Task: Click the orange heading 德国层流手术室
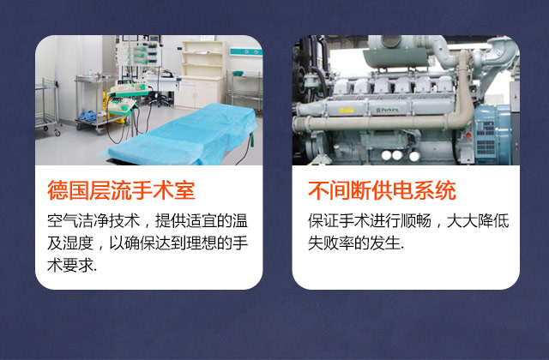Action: pos(121,190)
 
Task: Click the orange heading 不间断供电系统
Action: pos(382,190)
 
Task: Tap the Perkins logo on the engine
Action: pos(388,111)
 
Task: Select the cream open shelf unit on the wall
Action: pos(202,60)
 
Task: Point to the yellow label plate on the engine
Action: pos(347,111)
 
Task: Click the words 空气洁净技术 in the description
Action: pos(94,221)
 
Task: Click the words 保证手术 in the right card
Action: pos(339,221)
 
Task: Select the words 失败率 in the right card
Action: pos(331,243)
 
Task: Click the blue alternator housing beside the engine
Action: pos(492,135)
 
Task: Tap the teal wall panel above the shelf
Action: pos(246,52)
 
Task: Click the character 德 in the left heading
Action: pos(57,190)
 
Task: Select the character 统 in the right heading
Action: pos(446,190)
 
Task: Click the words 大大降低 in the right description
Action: pos(478,221)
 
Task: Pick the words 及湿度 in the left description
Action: pos(70,243)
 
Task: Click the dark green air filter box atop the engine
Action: pos(396,58)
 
